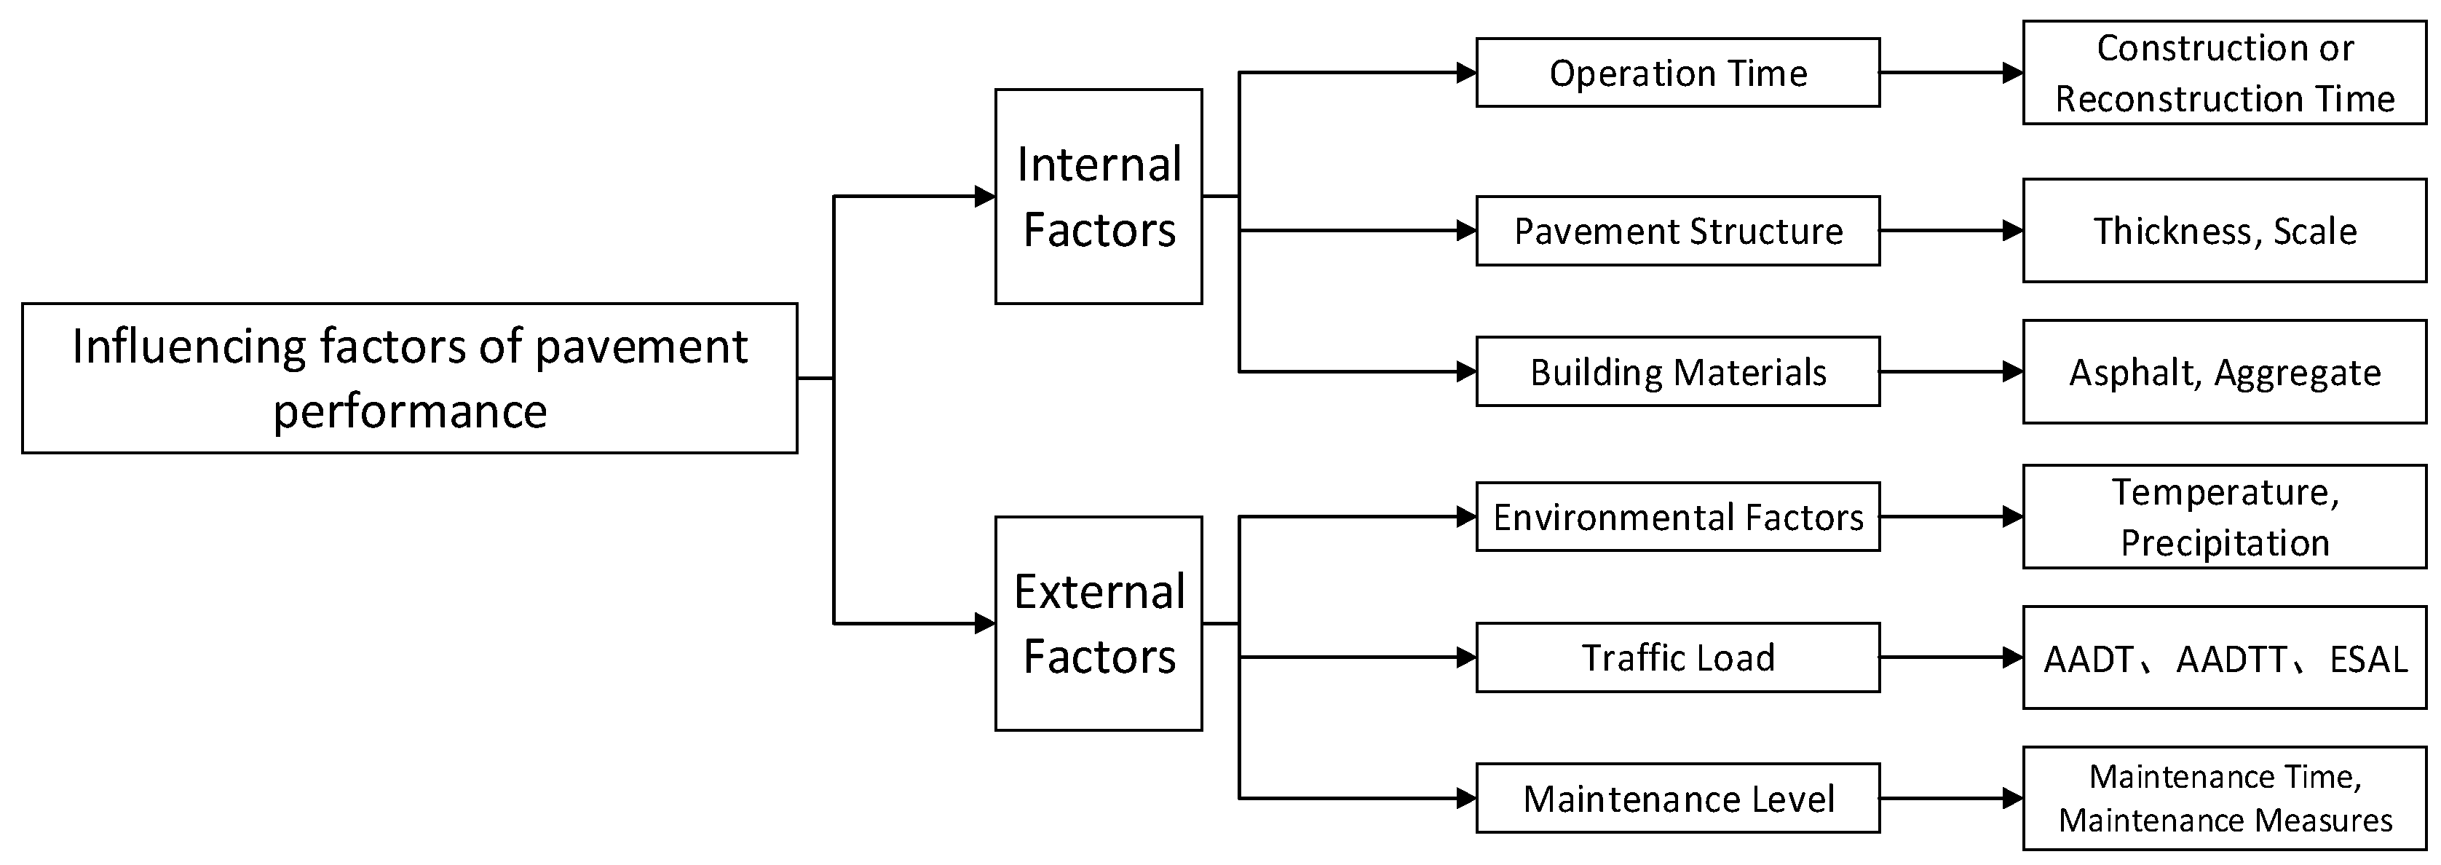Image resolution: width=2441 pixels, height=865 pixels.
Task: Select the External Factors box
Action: (1099, 623)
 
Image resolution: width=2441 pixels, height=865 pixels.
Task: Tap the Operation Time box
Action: (1677, 73)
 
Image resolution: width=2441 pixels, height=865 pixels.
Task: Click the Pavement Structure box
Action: (1677, 231)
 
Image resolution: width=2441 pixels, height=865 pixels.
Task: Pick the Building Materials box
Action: (1677, 372)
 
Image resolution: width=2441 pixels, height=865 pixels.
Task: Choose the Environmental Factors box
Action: (1677, 517)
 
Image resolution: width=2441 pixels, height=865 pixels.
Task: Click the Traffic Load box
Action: (1677, 657)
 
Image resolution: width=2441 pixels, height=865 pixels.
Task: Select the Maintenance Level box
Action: (1677, 799)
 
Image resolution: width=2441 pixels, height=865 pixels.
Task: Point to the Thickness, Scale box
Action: (2224, 231)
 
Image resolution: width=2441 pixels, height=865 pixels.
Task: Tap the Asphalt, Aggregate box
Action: (2224, 372)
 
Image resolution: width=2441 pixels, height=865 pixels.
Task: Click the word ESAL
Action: (2368, 660)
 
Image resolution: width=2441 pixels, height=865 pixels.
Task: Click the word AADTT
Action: (2231, 660)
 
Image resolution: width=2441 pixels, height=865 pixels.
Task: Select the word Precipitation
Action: (2224, 543)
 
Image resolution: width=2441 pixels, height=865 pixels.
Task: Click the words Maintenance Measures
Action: (2225, 820)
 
